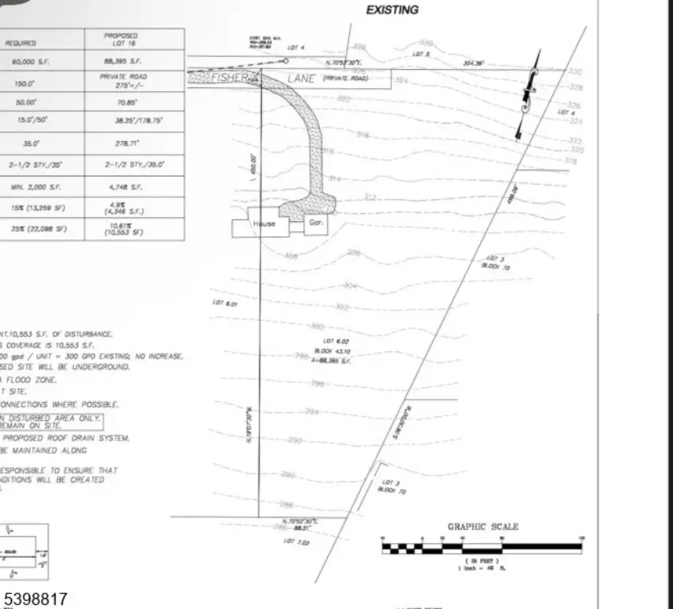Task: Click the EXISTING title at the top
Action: point(391,10)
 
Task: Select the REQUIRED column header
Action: point(21,43)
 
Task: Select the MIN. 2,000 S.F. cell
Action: point(26,187)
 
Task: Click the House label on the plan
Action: point(263,224)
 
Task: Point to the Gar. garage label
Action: point(313,223)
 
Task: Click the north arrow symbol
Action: point(528,95)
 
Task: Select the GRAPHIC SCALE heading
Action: point(483,527)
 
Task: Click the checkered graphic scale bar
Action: point(481,547)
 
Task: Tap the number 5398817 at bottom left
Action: point(36,599)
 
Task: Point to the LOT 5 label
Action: point(421,54)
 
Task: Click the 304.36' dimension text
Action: point(475,62)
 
